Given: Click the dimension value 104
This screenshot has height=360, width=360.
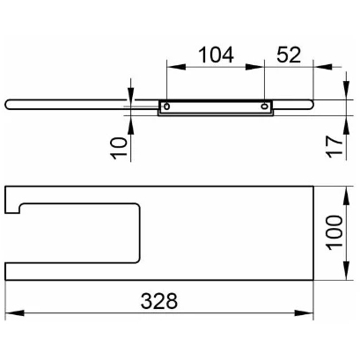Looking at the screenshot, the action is [x=216, y=55].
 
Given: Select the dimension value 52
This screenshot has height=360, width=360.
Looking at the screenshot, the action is [x=289, y=55].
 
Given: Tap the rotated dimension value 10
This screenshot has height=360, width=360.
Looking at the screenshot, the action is [x=120, y=148].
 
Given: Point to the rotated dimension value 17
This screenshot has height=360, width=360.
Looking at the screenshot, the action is [x=335, y=147].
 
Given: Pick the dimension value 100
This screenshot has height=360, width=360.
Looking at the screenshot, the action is [x=335, y=233].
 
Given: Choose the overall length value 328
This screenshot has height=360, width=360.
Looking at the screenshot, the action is [x=159, y=301].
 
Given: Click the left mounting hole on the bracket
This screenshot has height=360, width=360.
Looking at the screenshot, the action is [x=166, y=107].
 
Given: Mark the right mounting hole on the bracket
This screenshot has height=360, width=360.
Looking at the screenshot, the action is [x=264, y=106].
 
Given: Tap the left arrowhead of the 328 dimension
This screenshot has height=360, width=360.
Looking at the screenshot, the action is [x=15, y=312].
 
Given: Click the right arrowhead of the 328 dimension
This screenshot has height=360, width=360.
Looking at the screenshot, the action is [x=305, y=312].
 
